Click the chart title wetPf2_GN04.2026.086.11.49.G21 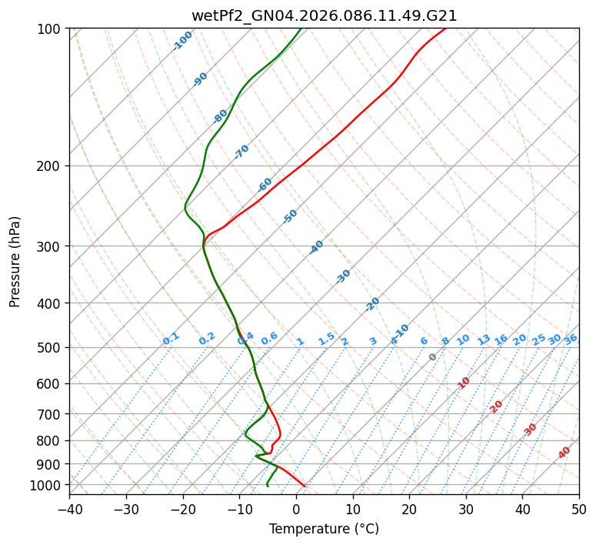click(x=324, y=15)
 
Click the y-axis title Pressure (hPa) click(x=15, y=261)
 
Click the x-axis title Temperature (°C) click(x=324, y=529)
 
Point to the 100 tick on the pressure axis click(x=51, y=29)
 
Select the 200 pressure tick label click(x=51, y=166)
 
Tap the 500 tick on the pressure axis click(x=51, y=348)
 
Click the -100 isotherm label click(x=183, y=41)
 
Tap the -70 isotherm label click(x=241, y=152)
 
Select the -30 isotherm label click(x=343, y=276)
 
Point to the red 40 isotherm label click(x=564, y=453)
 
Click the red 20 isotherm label click(x=497, y=406)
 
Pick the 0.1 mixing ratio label click(x=171, y=339)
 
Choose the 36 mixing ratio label click(x=571, y=339)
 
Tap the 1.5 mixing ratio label click(x=327, y=339)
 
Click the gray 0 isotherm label click(x=433, y=357)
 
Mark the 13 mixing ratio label click(x=484, y=339)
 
